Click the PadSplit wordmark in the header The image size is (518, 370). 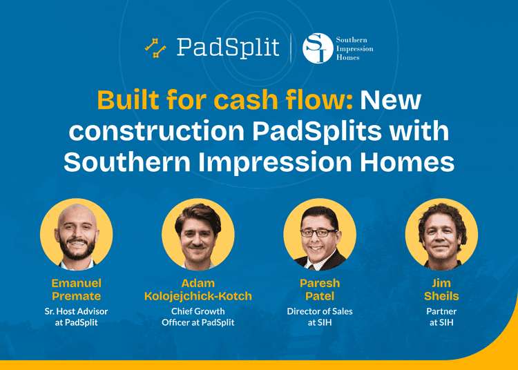[228, 48]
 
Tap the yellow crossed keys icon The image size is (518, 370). [155, 48]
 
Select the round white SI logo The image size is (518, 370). [318, 48]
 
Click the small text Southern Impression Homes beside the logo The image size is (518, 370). [354, 48]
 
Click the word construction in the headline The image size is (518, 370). [157, 131]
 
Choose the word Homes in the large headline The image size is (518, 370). [407, 162]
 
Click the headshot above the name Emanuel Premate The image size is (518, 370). [76, 234]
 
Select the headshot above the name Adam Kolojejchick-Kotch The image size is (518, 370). [198, 234]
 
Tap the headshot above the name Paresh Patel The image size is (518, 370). [320, 234]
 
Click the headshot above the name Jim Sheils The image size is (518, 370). [441, 234]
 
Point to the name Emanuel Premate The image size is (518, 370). [76, 289]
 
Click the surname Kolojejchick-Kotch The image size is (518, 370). [198, 296]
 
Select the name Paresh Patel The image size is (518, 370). [320, 289]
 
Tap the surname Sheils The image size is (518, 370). [441, 296]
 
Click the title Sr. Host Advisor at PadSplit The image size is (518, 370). [76, 317]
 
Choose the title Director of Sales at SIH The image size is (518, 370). [320, 317]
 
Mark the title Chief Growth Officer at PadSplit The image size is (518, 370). [198, 317]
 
